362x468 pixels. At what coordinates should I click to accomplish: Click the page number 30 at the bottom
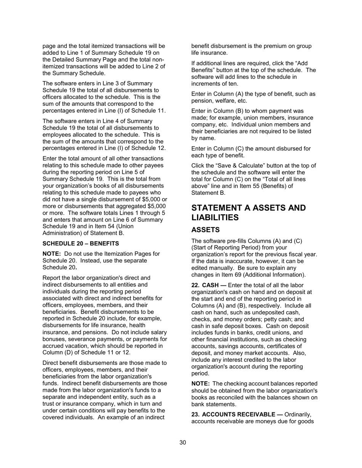coord(183,443)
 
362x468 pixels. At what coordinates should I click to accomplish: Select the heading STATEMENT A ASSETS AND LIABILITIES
coord(248,213)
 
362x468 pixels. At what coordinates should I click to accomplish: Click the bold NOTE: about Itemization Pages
coord(52,254)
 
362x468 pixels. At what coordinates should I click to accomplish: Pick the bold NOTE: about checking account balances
coord(200,384)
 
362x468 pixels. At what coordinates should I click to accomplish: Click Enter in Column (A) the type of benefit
coord(248,94)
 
